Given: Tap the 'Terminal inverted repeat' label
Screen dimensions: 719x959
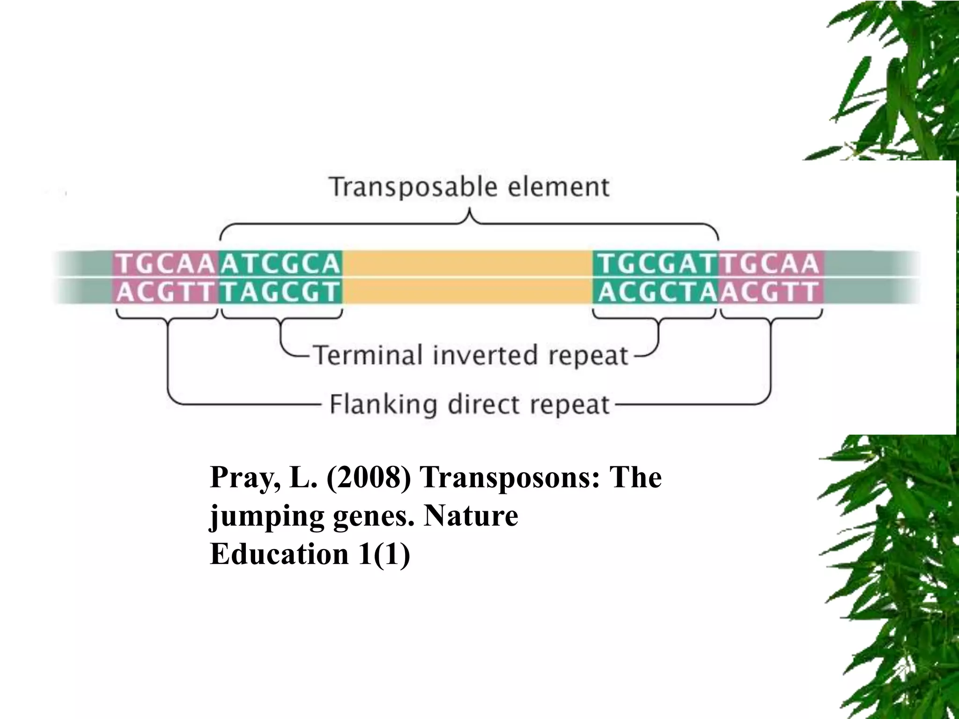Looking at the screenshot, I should click(x=470, y=355).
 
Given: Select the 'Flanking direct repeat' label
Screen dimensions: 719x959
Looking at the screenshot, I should click(x=470, y=404).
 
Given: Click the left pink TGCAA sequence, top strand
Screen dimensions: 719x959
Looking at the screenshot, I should click(x=165, y=264).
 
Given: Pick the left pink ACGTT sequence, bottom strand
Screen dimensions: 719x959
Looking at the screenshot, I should click(x=165, y=293).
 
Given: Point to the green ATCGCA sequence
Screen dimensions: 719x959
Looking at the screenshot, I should click(x=280, y=264).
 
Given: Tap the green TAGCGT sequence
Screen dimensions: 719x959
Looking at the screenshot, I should click(x=280, y=293).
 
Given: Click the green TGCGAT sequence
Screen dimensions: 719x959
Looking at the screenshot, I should click(x=656, y=264).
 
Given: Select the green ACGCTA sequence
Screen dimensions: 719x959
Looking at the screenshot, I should click(x=656, y=293).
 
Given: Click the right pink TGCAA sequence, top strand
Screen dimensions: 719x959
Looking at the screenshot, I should click(x=770, y=264).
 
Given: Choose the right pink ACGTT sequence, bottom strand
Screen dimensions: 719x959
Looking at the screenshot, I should click(x=770, y=293).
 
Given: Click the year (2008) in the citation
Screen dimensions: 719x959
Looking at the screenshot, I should click(x=369, y=478).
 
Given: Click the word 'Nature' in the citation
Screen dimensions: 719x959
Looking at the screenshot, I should click(x=471, y=516).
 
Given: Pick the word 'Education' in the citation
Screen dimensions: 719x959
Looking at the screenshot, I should click(x=280, y=554).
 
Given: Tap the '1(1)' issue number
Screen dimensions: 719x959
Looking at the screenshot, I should click(x=384, y=554).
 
